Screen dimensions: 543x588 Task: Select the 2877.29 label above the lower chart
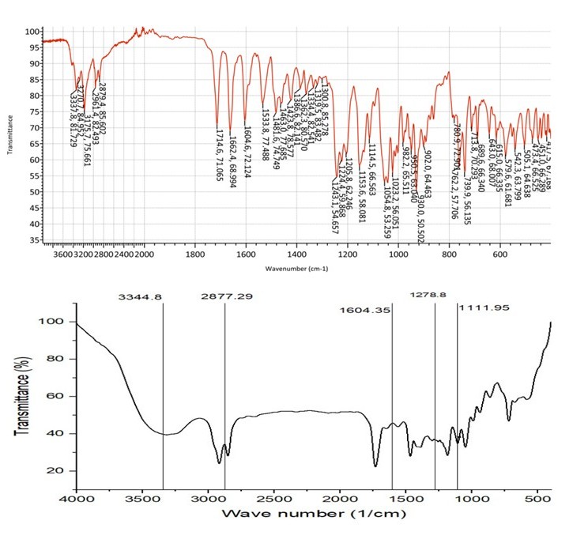coord(224,297)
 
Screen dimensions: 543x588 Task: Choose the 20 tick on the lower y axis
coord(56,471)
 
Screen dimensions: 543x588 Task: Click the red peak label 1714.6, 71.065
coord(217,157)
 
